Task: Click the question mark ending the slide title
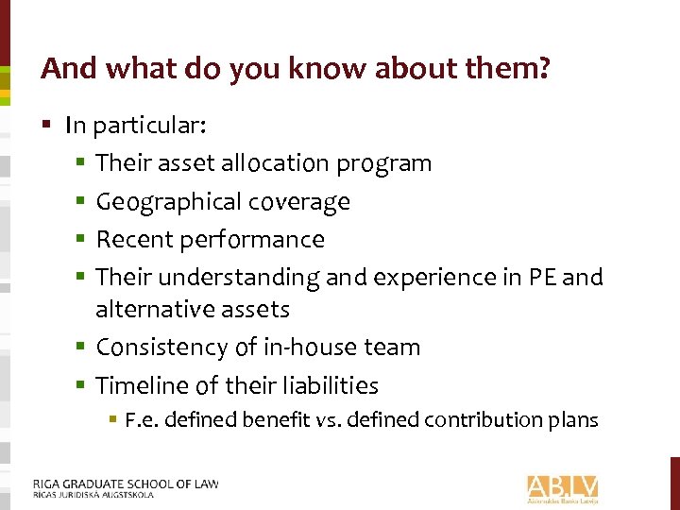pyautogui.click(x=544, y=69)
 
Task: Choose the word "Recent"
pyautogui.click(x=131, y=239)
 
